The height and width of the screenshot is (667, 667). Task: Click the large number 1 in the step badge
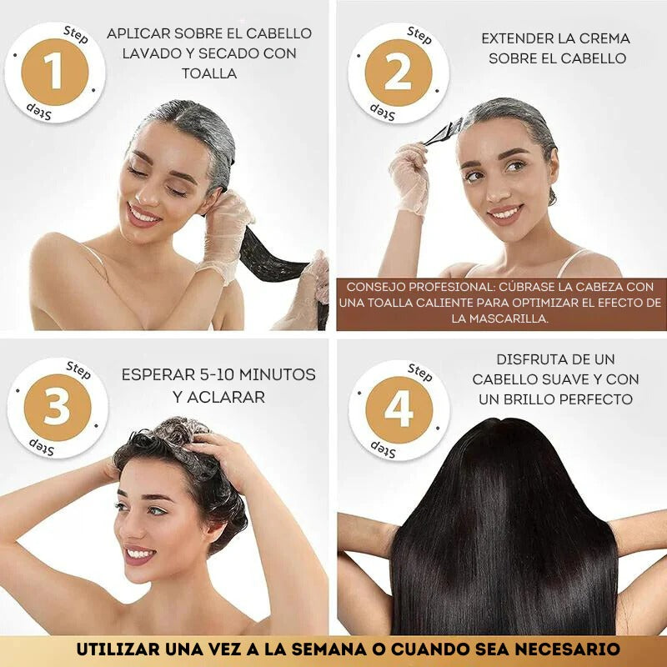(x=54, y=72)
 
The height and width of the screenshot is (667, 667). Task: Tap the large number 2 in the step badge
(x=398, y=74)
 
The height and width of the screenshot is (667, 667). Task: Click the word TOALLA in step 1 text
(x=208, y=73)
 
